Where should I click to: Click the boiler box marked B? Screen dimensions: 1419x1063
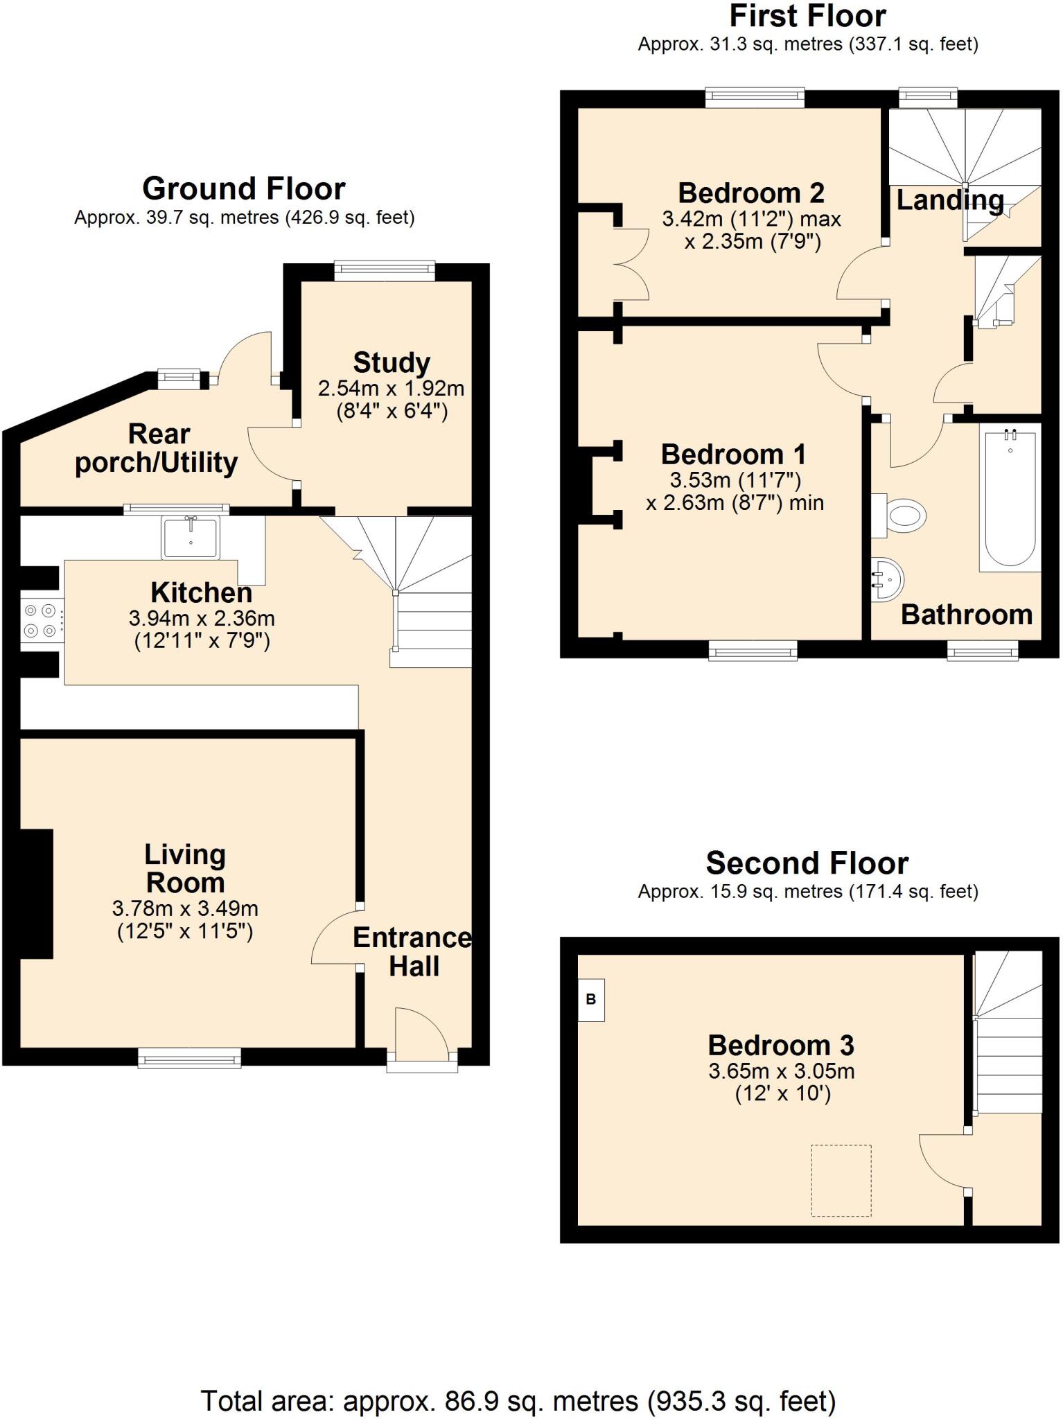(591, 999)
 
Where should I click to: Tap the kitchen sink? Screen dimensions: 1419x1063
(190, 538)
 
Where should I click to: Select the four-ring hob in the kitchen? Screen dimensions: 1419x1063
(40, 620)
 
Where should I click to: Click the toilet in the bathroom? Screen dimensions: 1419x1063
(904, 515)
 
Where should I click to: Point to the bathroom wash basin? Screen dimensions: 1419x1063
(887, 579)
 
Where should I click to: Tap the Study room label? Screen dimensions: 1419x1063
(392, 362)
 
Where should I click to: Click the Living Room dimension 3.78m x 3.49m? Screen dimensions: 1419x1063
(185, 908)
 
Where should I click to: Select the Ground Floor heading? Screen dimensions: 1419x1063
(243, 188)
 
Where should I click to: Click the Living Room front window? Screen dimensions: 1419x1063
(189, 1057)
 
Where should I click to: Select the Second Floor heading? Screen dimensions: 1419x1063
(807, 863)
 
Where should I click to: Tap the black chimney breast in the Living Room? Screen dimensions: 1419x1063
(36, 893)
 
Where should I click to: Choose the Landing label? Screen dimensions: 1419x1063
(949, 200)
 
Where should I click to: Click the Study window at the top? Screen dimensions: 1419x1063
(385, 271)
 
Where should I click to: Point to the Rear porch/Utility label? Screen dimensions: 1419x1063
(157, 448)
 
